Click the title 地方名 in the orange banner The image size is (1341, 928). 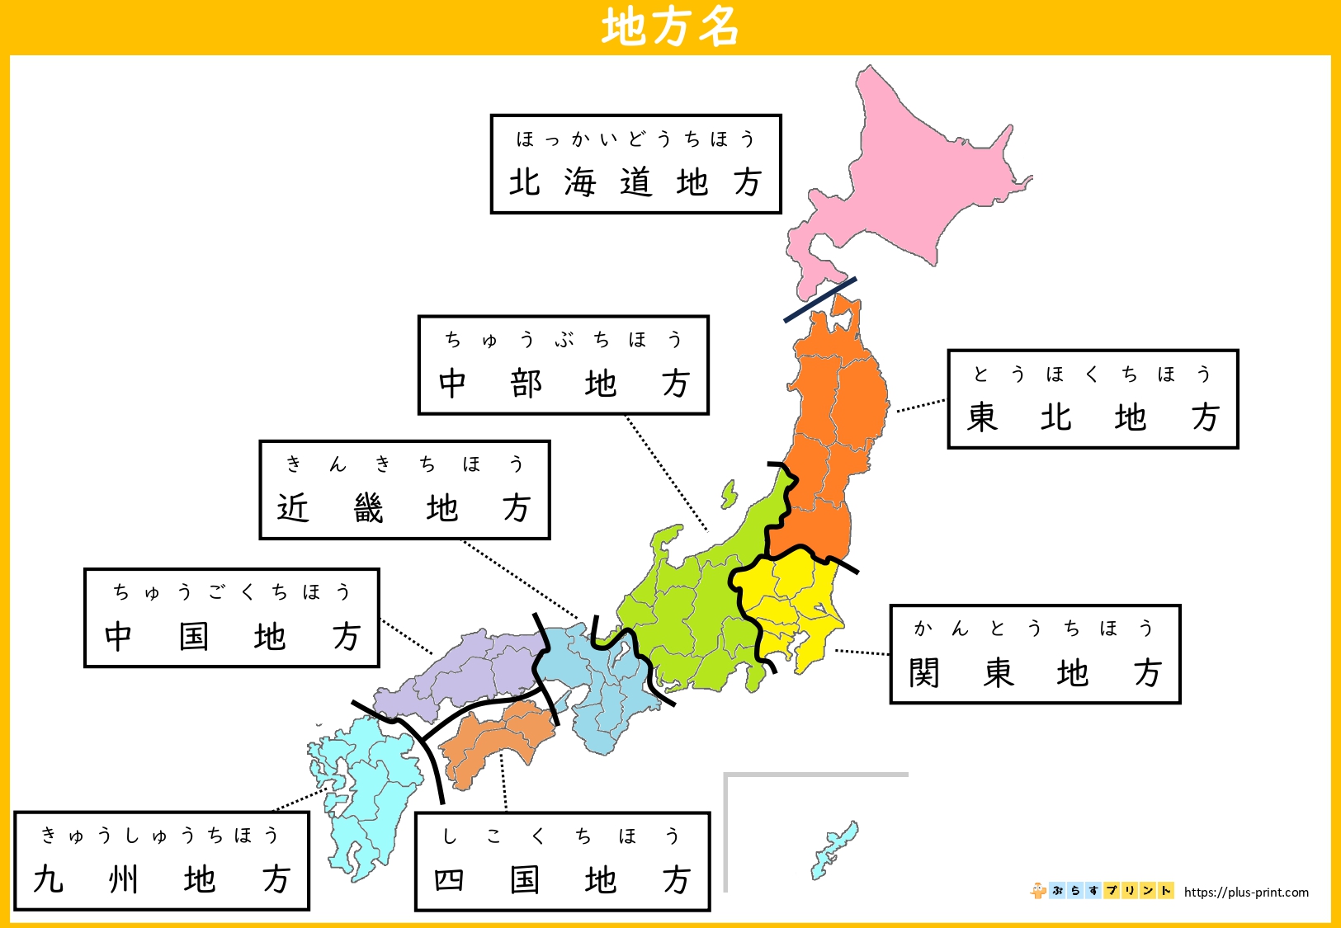click(669, 27)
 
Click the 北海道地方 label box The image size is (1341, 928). click(635, 164)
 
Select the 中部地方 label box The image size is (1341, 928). click(563, 365)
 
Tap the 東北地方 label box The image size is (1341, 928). click(1093, 399)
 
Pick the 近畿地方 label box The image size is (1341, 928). click(404, 490)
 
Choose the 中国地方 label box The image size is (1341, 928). click(231, 618)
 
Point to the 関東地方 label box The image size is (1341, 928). click(1035, 654)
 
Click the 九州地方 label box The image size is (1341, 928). click(162, 861)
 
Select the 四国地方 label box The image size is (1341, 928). click(562, 862)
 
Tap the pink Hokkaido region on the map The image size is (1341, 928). click(916, 173)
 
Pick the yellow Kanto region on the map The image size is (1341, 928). click(792, 602)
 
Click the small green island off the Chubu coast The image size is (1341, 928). click(729, 495)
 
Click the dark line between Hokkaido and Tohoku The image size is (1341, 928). click(819, 299)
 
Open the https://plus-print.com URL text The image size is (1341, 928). click(1246, 892)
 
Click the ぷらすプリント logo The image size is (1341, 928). click(1102, 891)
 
